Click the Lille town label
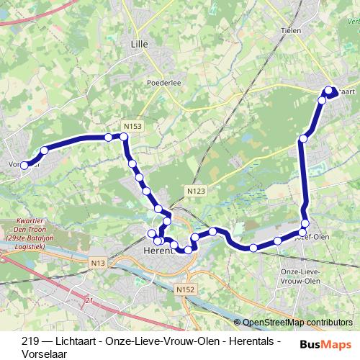[x=138, y=44]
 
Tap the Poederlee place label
[x=163, y=82]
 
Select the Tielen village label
[x=290, y=31]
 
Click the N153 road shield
[x=132, y=126]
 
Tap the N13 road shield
[x=99, y=264]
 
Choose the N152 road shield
[x=184, y=288]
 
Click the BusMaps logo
[x=325, y=345]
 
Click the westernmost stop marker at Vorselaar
[x=24, y=165]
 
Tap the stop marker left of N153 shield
[x=108, y=137]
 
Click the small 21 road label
[x=89, y=300]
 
